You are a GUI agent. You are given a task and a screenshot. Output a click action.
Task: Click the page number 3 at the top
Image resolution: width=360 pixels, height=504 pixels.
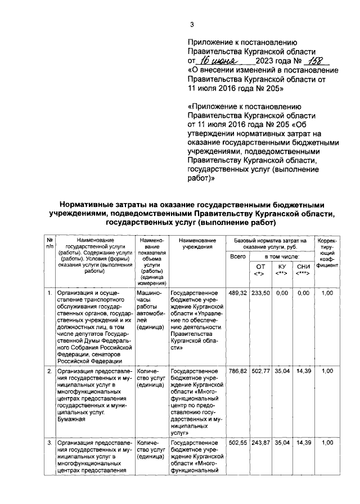pyautogui.click(x=192, y=24)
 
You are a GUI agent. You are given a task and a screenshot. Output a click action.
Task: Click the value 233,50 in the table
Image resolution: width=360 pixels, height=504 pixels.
pyautogui.click(x=260, y=293)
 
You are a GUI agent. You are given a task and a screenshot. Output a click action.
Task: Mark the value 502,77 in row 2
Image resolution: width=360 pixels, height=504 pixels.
pyautogui.click(x=260, y=371)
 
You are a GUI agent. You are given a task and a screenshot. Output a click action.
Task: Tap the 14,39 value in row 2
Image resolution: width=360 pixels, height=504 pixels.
pyautogui.click(x=303, y=371)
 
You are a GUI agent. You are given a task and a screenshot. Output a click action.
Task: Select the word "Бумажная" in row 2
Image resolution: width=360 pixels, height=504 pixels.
pyautogui.click(x=71, y=419)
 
